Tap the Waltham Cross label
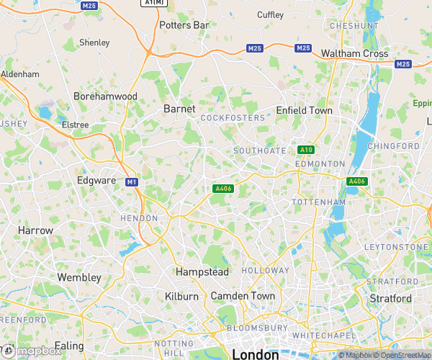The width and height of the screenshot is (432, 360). pyautogui.click(x=354, y=54)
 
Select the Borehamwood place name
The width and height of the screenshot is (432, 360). pyautogui.click(x=105, y=96)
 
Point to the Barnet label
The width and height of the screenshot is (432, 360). pyautogui.click(x=179, y=109)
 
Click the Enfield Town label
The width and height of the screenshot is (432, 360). pyautogui.click(x=305, y=111)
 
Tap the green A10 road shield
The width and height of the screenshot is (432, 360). pyautogui.click(x=305, y=150)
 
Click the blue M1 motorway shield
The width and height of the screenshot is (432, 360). pyautogui.click(x=131, y=181)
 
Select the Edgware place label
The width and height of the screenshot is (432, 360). pyautogui.click(x=96, y=180)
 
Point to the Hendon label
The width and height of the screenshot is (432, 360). pyautogui.click(x=139, y=218)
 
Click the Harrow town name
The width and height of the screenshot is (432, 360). pyautogui.click(x=36, y=230)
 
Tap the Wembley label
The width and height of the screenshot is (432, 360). pyautogui.click(x=79, y=277)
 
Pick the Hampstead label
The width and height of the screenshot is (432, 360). pyautogui.click(x=202, y=272)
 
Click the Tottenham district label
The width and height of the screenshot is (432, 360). pyautogui.click(x=319, y=203)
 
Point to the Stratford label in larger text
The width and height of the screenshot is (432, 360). pyautogui.click(x=390, y=298)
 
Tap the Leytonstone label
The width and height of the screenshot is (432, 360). pyautogui.click(x=396, y=247)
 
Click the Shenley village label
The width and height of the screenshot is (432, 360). pyautogui.click(x=94, y=42)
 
